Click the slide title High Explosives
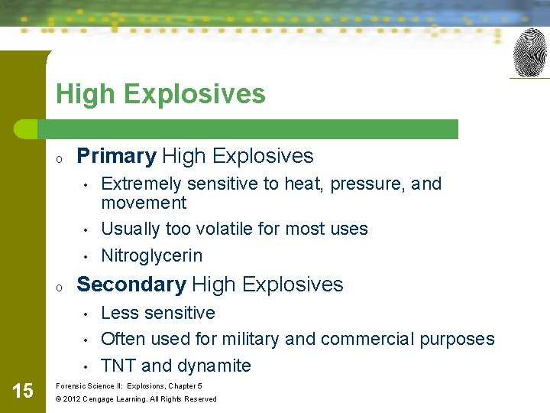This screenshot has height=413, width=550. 160,94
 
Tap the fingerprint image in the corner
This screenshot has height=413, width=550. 529,53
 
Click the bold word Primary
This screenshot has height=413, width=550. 117,156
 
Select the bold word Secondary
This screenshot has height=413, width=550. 131,285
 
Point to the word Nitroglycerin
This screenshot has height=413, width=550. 151,255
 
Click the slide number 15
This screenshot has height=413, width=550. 23,392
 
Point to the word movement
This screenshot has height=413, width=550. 144,203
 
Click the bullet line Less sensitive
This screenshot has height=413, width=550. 158,313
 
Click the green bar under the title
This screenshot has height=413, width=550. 252,129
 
